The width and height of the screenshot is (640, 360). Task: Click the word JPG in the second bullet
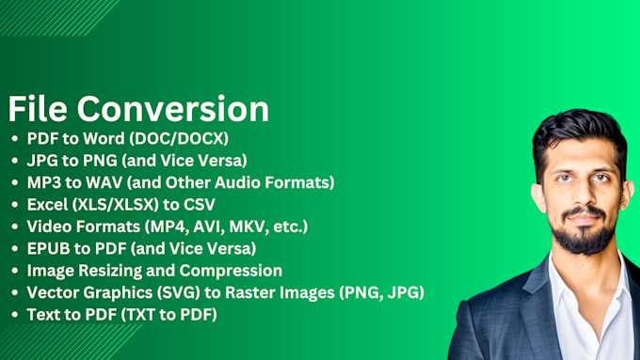pyautogui.click(x=40, y=161)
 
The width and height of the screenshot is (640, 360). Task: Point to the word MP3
pyautogui.click(x=43, y=181)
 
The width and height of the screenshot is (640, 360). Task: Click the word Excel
pyautogui.click(x=48, y=203)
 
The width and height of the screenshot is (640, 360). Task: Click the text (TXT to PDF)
pyautogui.click(x=162, y=314)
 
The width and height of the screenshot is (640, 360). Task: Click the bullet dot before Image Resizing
pyautogui.click(x=15, y=271)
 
